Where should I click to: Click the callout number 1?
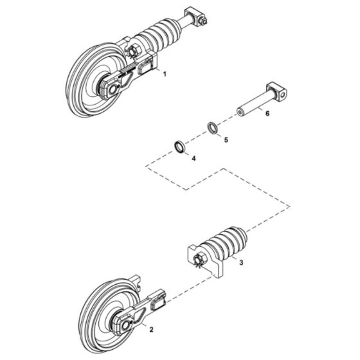[x=165, y=75]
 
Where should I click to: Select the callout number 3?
[x=240, y=262]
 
